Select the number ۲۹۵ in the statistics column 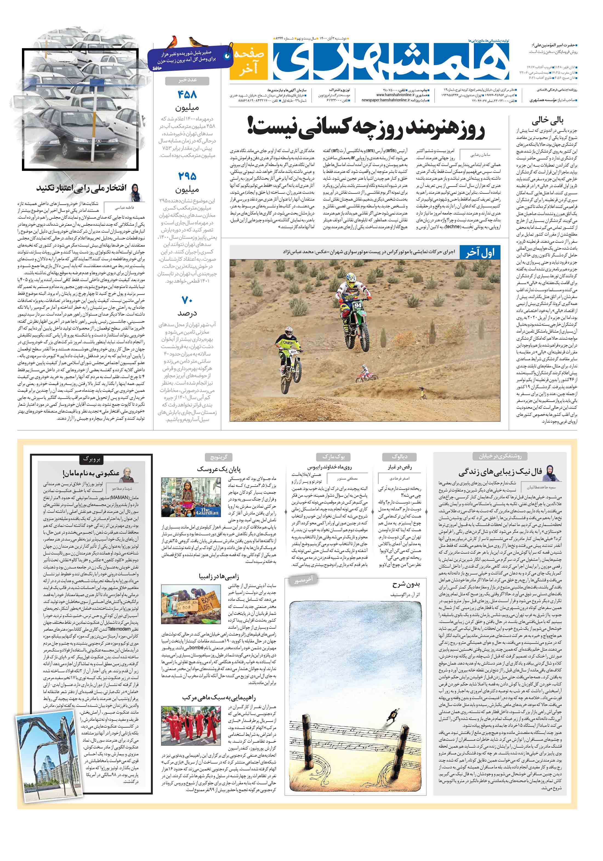pos(187,176)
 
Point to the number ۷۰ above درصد pos(187,300)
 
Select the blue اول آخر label pos(480,252)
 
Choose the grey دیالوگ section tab pos(400,457)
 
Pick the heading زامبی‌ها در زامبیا pos(219,576)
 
